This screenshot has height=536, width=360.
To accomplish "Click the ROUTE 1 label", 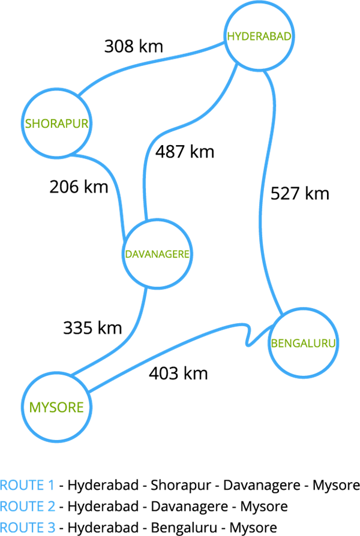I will [x=27, y=485].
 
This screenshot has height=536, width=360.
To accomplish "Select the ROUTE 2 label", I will [x=28, y=507].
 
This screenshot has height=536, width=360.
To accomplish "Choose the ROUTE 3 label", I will [x=28, y=528].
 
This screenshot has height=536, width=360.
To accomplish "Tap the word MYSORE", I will [x=57, y=408].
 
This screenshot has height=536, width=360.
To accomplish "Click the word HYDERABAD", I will [x=259, y=37].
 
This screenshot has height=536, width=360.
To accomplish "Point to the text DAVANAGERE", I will [x=157, y=254].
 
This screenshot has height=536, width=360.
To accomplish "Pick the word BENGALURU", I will [x=303, y=344].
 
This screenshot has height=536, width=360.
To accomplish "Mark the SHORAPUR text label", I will [x=56, y=124].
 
